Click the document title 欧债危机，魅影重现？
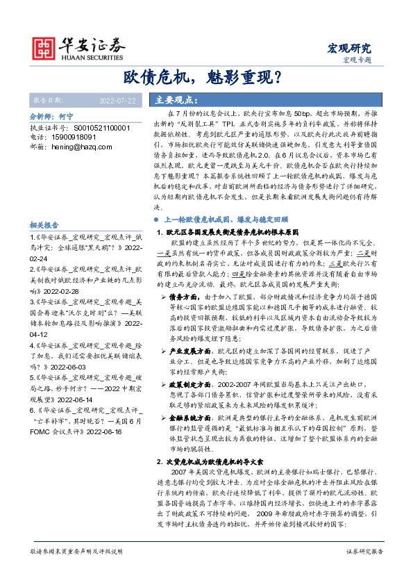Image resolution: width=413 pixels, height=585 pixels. click(x=206, y=76)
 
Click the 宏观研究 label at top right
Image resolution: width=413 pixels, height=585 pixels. click(x=349, y=48)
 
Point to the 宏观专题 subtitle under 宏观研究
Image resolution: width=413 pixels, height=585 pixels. click(x=357, y=60)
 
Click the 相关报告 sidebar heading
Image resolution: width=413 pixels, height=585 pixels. click(x=47, y=226)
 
